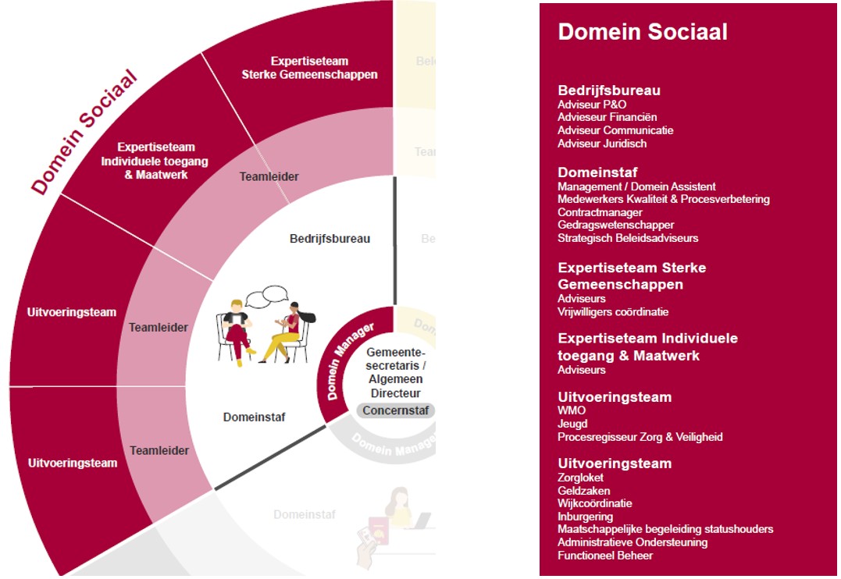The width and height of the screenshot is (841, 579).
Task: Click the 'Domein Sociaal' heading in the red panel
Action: (x=642, y=32)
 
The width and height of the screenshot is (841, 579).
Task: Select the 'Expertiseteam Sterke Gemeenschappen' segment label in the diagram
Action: (x=309, y=68)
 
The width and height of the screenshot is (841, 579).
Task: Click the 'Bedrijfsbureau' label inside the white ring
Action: (x=330, y=238)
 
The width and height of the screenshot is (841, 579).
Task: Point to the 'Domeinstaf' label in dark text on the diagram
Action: (x=254, y=417)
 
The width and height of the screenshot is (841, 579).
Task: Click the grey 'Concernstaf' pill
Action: (x=395, y=410)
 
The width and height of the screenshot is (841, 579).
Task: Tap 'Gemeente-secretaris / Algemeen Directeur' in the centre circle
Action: (x=395, y=372)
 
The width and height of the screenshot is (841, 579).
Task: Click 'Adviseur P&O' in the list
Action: (x=592, y=105)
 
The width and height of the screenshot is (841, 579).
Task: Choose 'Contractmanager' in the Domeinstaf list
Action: (x=600, y=212)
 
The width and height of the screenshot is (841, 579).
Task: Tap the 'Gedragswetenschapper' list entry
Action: (x=615, y=226)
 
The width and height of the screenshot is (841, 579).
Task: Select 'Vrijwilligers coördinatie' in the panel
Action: (x=613, y=312)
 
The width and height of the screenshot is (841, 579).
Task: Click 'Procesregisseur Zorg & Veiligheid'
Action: (x=640, y=437)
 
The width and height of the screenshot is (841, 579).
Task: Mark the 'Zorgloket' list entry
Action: (x=580, y=478)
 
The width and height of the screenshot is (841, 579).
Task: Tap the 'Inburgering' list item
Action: (x=585, y=517)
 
